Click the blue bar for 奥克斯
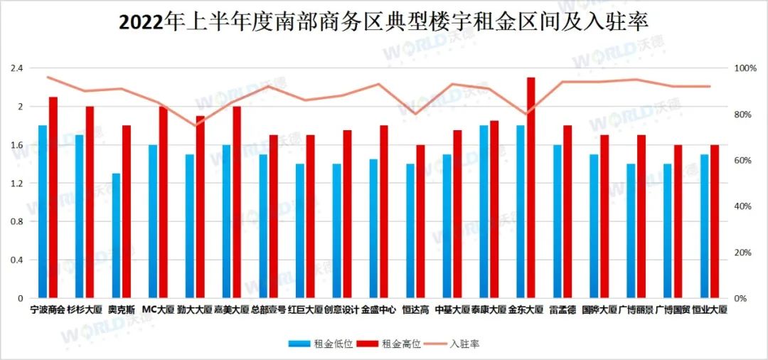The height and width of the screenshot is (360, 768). (116, 235)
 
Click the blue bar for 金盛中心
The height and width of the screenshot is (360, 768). (373, 228)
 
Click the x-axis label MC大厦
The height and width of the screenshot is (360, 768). (158, 310)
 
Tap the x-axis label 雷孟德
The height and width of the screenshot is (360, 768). (562, 310)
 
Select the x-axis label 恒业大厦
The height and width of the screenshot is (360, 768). (710, 310)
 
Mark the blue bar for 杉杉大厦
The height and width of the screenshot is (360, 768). (80, 216)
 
